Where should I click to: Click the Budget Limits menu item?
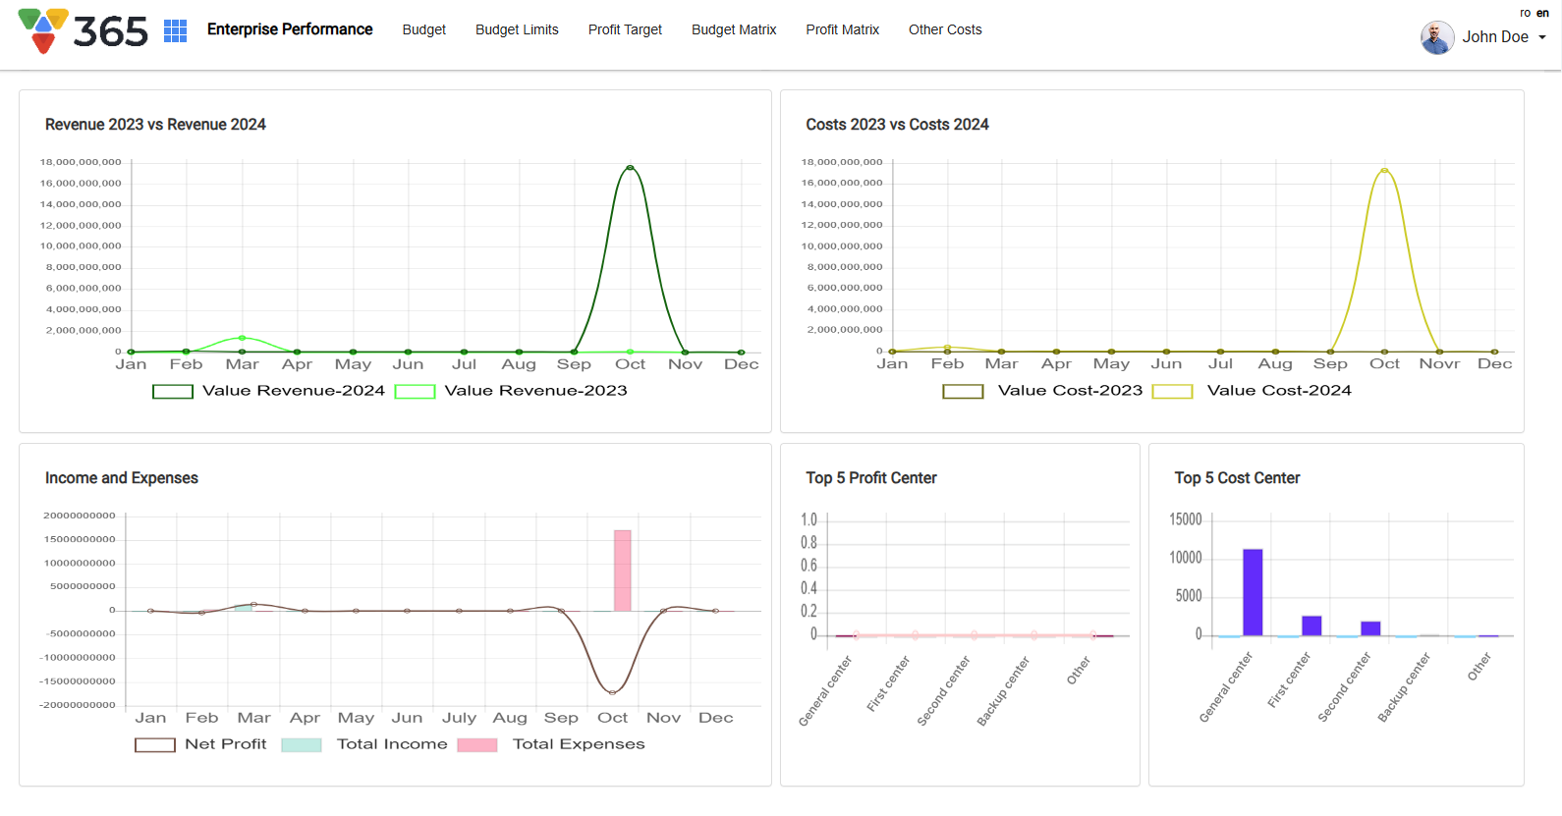517,29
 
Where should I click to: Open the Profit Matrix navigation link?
842,29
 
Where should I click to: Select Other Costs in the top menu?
945,29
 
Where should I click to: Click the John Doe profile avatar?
1437,37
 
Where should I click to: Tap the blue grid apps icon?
175,30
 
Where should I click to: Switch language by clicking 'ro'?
1525,13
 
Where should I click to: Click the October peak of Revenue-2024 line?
630,168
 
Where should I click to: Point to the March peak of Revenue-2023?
243,338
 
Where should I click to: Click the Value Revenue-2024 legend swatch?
173,391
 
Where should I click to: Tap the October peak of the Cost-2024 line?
1384,171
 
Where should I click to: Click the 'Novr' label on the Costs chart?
1439,364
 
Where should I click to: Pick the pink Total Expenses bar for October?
622,571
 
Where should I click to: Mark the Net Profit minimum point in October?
612,692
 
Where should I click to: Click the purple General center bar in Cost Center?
1253,592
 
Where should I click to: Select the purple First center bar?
1311,626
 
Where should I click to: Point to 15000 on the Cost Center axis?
1185,519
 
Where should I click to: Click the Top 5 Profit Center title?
870,478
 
